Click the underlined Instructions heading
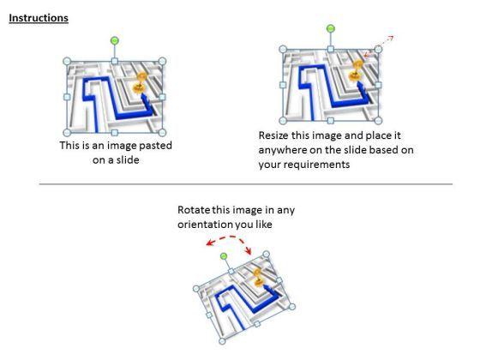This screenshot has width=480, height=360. [39, 18]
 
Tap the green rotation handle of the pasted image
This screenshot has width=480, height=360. [115, 40]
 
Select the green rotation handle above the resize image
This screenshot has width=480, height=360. [331, 29]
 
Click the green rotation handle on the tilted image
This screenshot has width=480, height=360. [224, 256]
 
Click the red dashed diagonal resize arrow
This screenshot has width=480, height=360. [378, 46]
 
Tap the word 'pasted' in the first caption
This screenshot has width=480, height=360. [155, 146]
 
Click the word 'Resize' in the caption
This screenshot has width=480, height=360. [273, 135]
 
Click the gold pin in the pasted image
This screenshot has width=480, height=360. [140, 83]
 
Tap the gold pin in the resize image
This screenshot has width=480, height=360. [356, 71]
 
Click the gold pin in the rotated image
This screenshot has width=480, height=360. [258, 278]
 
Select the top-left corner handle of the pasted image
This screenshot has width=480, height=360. [67, 61]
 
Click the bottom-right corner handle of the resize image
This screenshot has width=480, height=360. [378, 121]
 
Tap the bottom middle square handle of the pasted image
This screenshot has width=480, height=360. [115, 133]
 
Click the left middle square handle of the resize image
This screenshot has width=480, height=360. [283, 85]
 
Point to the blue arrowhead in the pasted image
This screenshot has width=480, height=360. [143, 98]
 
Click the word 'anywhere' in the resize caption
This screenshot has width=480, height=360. [282, 150]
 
